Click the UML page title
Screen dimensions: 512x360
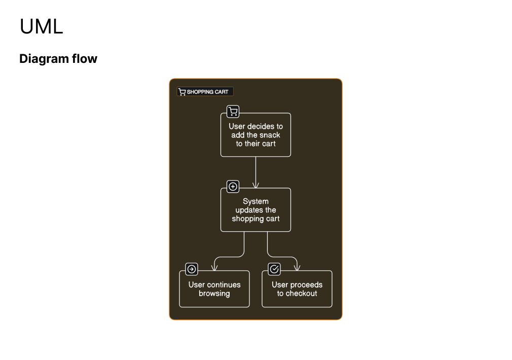click(x=41, y=26)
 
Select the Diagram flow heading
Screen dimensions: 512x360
click(x=58, y=59)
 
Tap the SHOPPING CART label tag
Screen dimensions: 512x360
click(x=205, y=92)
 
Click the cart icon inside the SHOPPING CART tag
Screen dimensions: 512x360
click(x=182, y=92)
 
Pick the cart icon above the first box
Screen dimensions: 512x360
click(x=233, y=112)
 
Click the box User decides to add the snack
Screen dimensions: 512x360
click(x=255, y=135)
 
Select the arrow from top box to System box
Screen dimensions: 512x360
click(x=255, y=172)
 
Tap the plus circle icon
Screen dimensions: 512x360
click(x=233, y=187)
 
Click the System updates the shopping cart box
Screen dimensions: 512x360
click(x=255, y=210)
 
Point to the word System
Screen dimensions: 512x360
click(x=255, y=201)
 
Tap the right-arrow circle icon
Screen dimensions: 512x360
click(x=192, y=269)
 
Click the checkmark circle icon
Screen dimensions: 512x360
click(x=274, y=269)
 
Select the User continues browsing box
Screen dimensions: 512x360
click(x=214, y=289)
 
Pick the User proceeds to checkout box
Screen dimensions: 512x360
click(x=297, y=289)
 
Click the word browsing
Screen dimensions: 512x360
click(x=214, y=294)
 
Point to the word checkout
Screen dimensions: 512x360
click(x=302, y=294)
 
